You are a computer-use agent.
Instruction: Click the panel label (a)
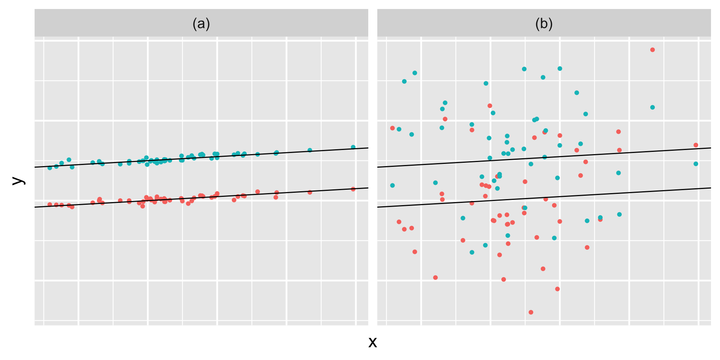[x=201, y=24]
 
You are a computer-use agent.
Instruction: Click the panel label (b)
[x=544, y=24]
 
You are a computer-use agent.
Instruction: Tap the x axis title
[x=372, y=342]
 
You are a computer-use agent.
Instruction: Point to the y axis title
[x=18, y=181]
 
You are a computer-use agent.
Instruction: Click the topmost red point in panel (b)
[x=652, y=50]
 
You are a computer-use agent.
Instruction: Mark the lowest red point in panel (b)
[x=531, y=312]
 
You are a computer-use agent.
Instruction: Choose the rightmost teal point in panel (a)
[x=353, y=147]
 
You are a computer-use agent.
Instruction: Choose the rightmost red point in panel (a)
[x=353, y=189]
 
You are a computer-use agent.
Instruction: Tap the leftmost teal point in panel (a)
[x=50, y=168]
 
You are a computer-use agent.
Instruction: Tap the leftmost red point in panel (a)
[x=50, y=204]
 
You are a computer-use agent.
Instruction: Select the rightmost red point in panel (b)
[x=696, y=145]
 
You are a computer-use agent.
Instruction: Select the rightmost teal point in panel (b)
[x=696, y=164]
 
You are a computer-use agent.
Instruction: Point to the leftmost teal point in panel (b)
[x=393, y=186]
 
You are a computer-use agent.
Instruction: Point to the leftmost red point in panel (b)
[x=393, y=128]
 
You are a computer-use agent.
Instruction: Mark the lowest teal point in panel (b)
[x=472, y=252]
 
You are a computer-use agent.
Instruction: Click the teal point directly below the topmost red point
[x=652, y=107]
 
